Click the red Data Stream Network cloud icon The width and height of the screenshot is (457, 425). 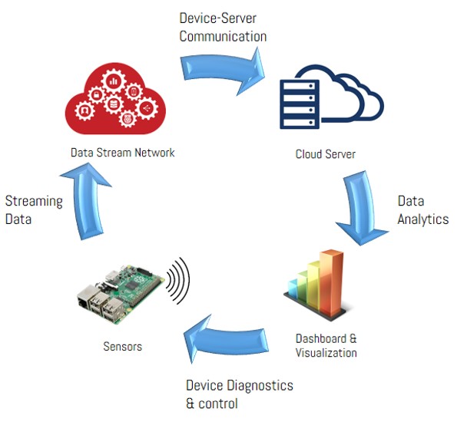click(x=115, y=99)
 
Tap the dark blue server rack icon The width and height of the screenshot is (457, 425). click(x=300, y=104)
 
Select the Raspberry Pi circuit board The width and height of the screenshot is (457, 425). click(x=120, y=294)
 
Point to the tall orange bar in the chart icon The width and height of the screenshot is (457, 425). click(x=332, y=283)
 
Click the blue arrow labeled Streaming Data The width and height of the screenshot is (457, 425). click(x=85, y=201)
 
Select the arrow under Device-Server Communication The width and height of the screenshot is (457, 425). click(x=223, y=71)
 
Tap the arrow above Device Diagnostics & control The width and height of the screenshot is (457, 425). click(x=226, y=339)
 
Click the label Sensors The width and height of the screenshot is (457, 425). click(x=123, y=347)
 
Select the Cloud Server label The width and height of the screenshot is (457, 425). click(x=326, y=154)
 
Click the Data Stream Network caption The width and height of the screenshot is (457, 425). click(x=123, y=153)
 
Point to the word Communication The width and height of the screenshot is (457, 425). click(x=223, y=36)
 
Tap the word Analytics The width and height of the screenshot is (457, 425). click(x=423, y=219)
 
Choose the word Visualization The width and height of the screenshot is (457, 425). click(x=326, y=353)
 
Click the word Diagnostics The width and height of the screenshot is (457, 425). click(x=260, y=386)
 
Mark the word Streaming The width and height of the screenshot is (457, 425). click(x=34, y=202)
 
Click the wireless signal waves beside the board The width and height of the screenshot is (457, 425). click(x=178, y=280)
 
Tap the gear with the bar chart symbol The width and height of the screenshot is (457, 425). click(x=114, y=81)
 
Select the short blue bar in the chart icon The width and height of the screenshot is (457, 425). click(x=293, y=288)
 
